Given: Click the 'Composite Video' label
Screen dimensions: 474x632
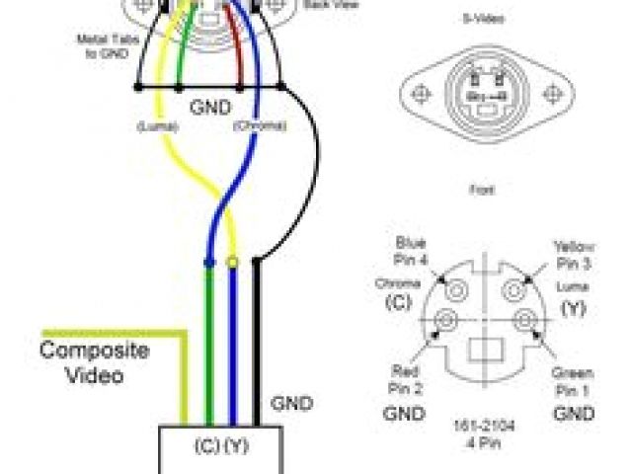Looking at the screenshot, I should (x=94, y=362).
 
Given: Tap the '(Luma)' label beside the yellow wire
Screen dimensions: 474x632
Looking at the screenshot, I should (x=157, y=126).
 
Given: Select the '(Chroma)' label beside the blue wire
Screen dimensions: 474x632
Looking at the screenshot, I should (x=259, y=126).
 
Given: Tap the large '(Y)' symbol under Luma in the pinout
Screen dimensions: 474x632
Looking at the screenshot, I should (x=572, y=308).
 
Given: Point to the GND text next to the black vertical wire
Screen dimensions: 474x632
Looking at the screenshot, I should (x=291, y=404).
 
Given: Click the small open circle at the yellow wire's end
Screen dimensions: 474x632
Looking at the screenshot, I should (x=233, y=263).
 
